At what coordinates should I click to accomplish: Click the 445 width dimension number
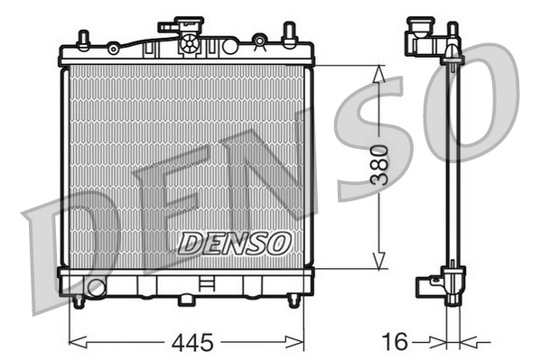point(191,342)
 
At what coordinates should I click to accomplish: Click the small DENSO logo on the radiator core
point(233,242)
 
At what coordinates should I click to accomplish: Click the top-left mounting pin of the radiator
point(83,40)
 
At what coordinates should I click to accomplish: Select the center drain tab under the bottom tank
point(187,299)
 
